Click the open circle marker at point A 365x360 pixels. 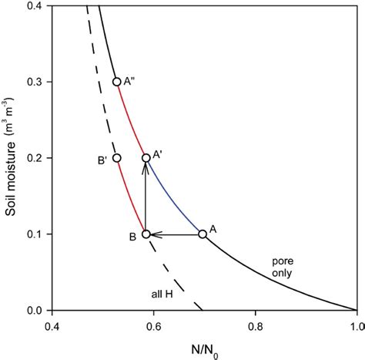click(203, 234)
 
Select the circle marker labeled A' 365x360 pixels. click(146, 158)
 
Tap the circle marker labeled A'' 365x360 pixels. click(117, 82)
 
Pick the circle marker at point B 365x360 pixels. click(146, 234)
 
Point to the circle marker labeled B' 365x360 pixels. click(117, 158)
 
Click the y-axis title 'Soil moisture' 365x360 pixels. click(10, 154)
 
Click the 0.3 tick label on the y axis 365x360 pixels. click(35, 82)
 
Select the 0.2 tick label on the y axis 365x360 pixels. click(35, 158)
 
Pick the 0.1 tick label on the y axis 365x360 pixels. click(35, 234)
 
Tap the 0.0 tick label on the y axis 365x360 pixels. click(35, 310)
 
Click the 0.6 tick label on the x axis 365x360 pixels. click(153, 324)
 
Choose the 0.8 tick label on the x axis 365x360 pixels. click(255, 324)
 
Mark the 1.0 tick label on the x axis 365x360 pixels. click(356, 324)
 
